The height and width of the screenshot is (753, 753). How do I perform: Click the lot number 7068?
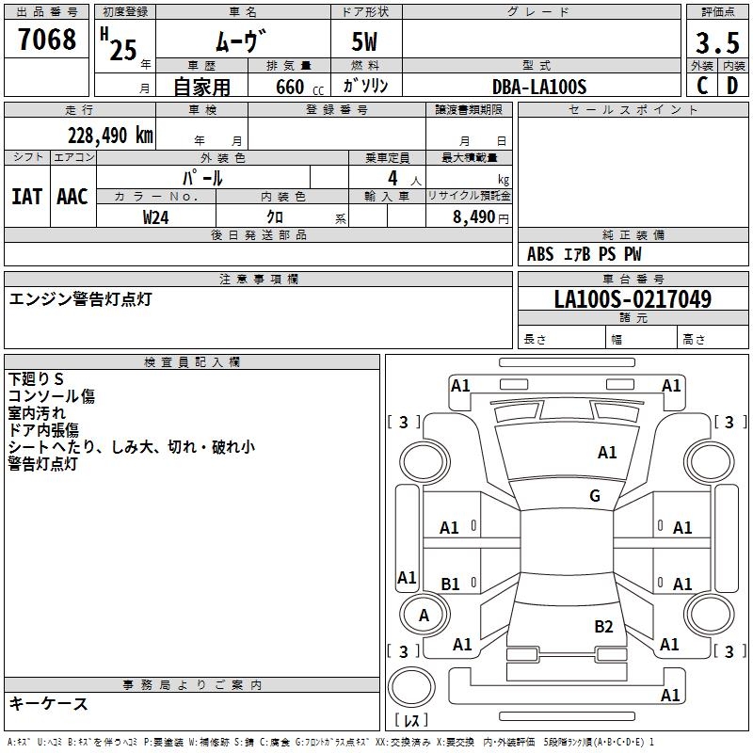[47, 40]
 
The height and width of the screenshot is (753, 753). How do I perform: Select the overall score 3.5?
[717, 43]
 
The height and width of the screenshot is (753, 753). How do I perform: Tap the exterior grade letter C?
[702, 86]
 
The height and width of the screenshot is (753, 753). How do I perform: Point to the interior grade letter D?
[732, 86]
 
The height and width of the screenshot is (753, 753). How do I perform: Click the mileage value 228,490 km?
[110, 135]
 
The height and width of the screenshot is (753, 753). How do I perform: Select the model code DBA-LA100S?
[539, 87]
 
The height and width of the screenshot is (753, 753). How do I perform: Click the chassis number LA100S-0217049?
[633, 300]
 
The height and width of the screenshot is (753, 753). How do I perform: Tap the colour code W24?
[157, 216]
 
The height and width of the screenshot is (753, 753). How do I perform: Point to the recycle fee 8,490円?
[480, 216]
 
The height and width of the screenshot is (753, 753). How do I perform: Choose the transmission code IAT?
[26, 197]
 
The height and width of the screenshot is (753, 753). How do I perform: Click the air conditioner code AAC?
[72, 197]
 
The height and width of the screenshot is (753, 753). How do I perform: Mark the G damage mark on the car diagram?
[595, 496]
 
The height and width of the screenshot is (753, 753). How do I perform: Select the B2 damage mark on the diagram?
[603, 626]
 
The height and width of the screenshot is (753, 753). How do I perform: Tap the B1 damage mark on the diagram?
[450, 585]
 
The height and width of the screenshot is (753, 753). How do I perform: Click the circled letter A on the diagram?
[424, 615]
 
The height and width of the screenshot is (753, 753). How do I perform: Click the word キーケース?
[49, 703]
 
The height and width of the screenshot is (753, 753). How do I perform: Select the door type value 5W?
[365, 43]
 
